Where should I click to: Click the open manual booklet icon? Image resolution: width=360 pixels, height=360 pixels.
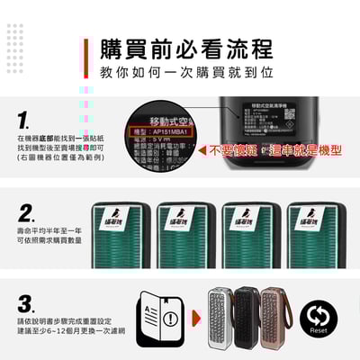click(x=151, y=317)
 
